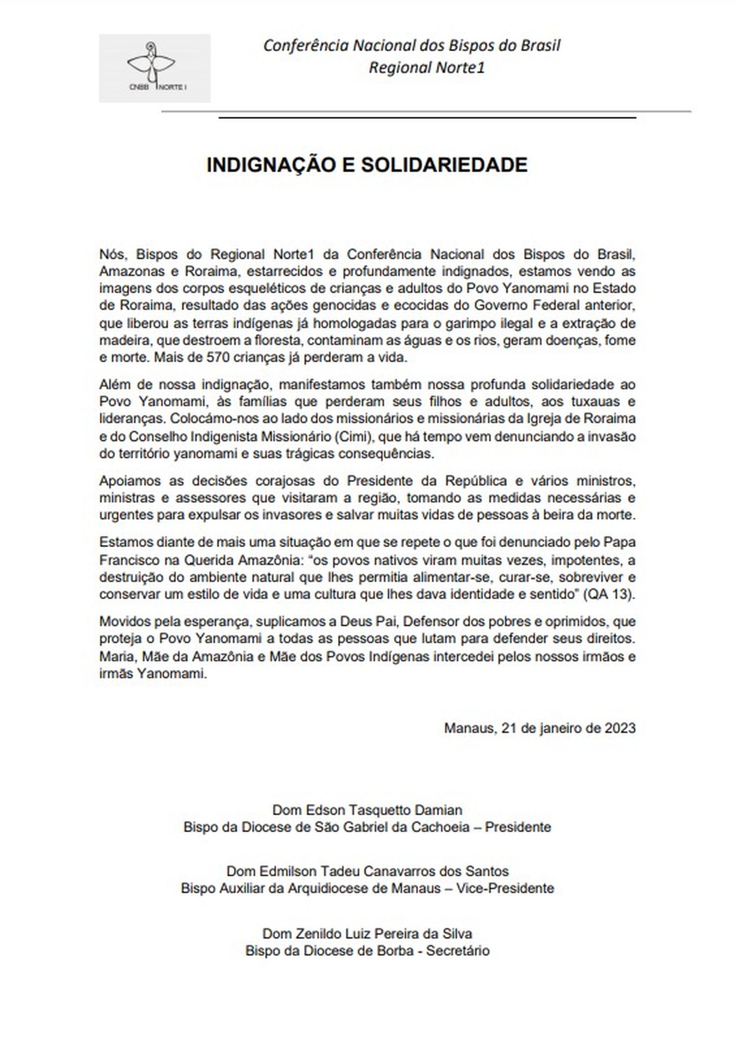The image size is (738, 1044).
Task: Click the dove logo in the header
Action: click(x=151, y=65)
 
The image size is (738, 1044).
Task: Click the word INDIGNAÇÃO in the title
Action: click(x=269, y=165)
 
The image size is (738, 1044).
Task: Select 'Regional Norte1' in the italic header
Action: click(x=427, y=68)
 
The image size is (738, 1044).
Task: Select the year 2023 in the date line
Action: click(x=620, y=728)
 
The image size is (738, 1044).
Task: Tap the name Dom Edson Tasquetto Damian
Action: click(x=367, y=810)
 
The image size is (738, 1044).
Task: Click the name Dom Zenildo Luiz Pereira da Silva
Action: click(x=367, y=934)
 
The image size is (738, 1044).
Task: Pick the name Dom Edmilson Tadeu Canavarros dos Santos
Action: click(x=367, y=871)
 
